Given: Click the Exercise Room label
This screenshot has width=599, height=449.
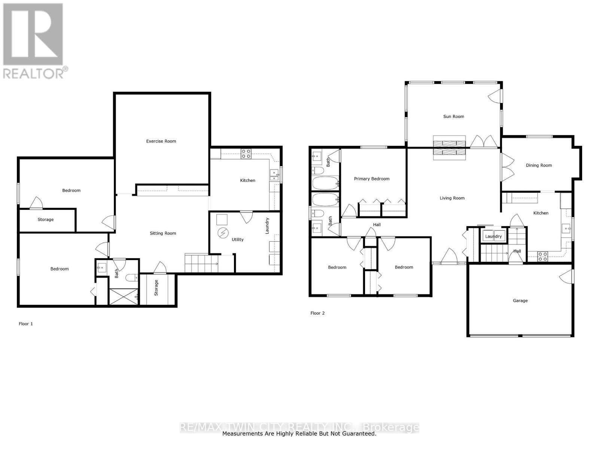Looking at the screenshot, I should coord(161,141).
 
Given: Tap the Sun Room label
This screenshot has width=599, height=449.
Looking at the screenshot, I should coord(453,116).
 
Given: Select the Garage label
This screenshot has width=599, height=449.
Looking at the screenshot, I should coord(520,300).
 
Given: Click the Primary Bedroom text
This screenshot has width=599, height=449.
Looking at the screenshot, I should coord(372,179).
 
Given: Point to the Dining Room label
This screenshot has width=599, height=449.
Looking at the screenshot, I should coord(539,165).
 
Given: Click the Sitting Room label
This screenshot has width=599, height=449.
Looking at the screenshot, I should coord(163,233).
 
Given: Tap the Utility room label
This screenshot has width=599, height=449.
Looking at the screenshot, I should coord(238,239).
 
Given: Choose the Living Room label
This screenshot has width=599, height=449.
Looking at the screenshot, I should coord(452,198).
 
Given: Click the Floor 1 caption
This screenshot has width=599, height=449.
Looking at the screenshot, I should coord(26,324).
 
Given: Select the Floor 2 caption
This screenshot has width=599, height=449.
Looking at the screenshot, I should coord(317,313).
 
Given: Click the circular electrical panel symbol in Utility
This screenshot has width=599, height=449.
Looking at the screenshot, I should coord(223,233).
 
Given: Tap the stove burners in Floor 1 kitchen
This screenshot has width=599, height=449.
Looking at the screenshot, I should coord(246,154).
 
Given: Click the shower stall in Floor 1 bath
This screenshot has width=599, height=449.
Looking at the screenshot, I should coord(123,296).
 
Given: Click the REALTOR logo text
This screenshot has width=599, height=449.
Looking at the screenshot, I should coord(35,73).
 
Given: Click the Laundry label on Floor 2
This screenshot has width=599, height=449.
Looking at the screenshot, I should coord(493,236).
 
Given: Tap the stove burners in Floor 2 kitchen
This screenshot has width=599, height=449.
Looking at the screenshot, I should coord(542,256).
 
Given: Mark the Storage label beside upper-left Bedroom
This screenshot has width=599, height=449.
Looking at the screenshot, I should coord(45,220).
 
